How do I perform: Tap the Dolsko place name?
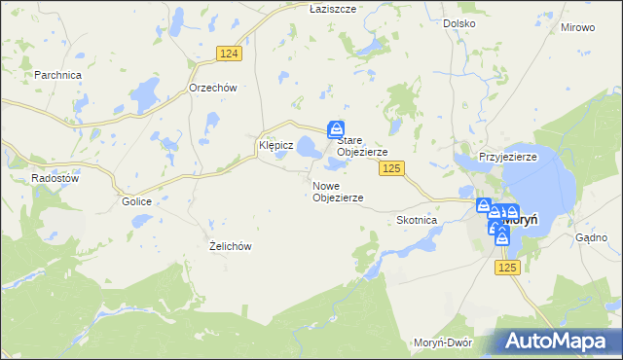click(x=458, y=22)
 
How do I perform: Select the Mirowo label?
click(x=577, y=27)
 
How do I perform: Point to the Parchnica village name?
click(x=57, y=75)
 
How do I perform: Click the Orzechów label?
click(x=213, y=87)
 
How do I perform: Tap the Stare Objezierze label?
click(x=362, y=147)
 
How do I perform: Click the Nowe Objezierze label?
click(x=338, y=192)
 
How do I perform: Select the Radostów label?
click(x=54, y=178)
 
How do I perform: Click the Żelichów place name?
click(x=231, y=246)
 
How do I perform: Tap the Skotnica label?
click(x=417, y=221)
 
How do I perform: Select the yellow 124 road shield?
click(x=229, y=55)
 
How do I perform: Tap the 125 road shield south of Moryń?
click(x=507, y=267)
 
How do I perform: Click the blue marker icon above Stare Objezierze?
click(x=336, y=128)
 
